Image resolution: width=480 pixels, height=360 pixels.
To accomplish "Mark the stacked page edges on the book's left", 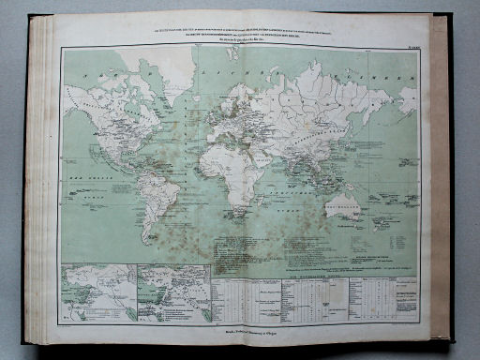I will click(40, 178).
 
